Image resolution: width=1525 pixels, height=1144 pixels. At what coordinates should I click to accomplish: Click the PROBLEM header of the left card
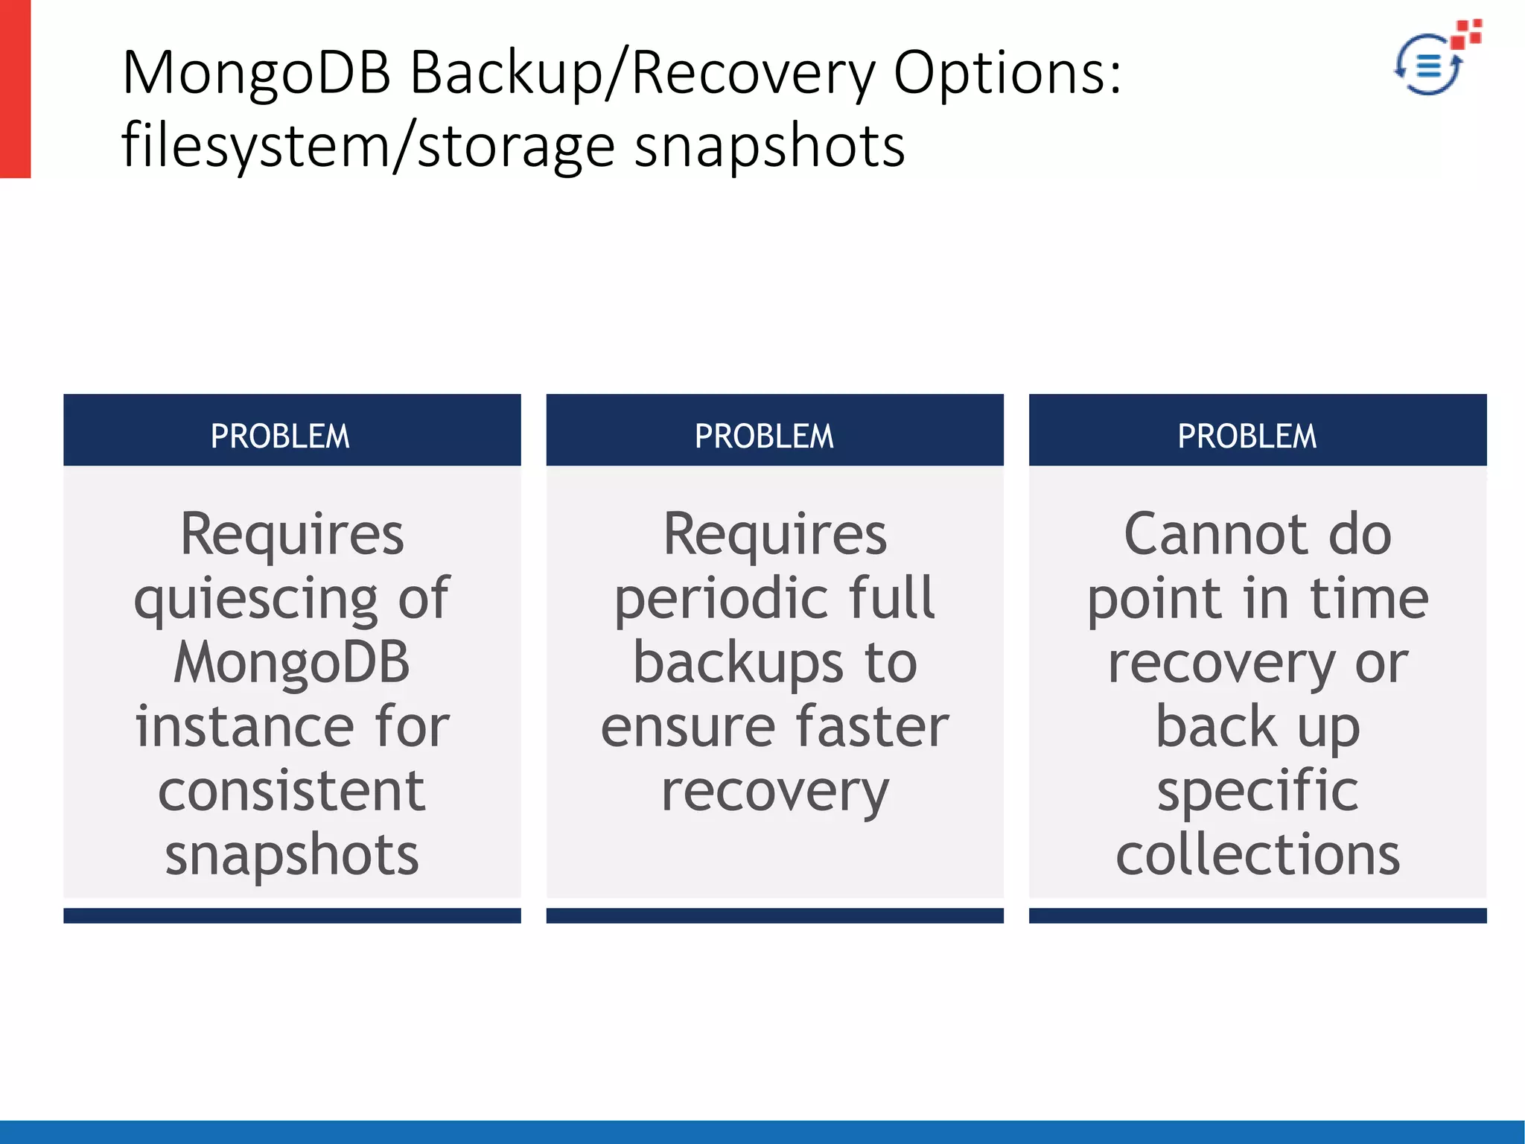pos(280,436)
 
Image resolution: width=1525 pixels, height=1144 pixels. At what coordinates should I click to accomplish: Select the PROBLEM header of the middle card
pos(764,436)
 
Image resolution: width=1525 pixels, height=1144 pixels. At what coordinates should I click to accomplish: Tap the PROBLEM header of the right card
pos(1247,436)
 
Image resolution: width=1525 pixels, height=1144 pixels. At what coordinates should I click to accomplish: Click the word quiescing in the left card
pos(256,600)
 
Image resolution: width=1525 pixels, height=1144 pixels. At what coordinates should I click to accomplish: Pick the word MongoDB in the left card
pos(291,662)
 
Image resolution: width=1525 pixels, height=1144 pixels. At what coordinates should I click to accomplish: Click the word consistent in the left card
pos(291,791)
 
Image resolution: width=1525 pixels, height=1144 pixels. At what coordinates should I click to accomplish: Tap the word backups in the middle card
pos(738,662)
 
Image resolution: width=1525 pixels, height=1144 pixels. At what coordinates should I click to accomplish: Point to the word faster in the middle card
pos(872,727)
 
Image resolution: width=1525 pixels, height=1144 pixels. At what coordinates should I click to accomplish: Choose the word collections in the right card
pos(1258,855)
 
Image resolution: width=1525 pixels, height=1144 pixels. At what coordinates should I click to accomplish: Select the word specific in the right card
pos(1258,791)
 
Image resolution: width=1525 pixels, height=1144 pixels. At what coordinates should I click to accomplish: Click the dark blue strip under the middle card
pos(774,915)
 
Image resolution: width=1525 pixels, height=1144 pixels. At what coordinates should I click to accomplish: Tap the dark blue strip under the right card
pos(1258,915)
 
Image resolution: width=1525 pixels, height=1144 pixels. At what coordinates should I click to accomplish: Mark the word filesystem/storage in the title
pos(368,146)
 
